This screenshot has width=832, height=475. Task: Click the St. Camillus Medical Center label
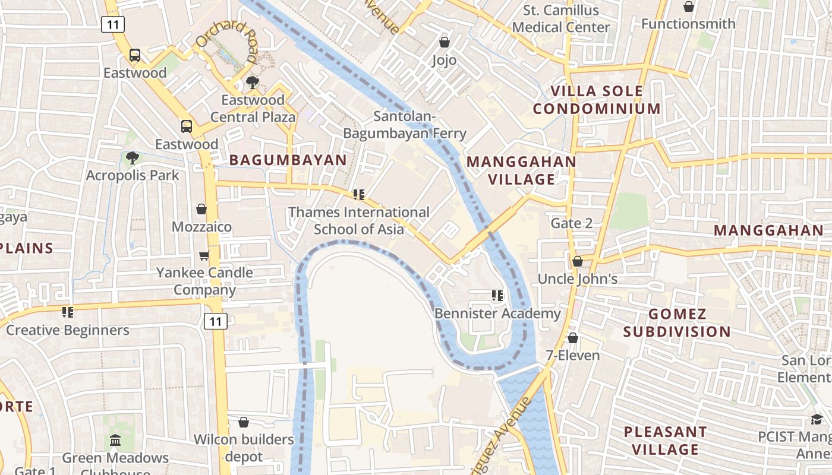pos(560,19)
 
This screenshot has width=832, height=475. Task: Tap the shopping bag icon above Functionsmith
pos(688,7)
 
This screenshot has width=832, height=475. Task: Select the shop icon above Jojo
pos(444,42)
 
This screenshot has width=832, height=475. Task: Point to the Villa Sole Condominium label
pos(596,100)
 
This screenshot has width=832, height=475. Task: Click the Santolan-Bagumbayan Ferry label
pos(405,125)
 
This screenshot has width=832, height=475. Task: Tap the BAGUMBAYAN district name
pos(288,160)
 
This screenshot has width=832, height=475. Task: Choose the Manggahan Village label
pos(521,170)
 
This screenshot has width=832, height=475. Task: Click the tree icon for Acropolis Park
pos(132,158)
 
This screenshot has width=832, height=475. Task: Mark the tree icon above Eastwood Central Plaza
pos(253,83)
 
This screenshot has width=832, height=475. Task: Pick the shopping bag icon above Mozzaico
pos(201,209)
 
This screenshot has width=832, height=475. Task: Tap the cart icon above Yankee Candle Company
pos(204,255)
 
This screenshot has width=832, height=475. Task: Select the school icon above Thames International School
pos(358,195)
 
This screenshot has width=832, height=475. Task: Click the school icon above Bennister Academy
pos(497,296)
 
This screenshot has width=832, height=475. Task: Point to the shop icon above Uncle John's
pos(577,261)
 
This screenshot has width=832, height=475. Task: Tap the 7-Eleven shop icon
pos(572,338)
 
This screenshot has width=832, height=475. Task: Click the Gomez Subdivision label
pos(677,323)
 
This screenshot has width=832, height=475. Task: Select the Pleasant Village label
pos(665,440)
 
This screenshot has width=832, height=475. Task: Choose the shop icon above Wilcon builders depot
pos(243,422)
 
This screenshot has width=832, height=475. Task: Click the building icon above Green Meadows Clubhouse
pos(115,441)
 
